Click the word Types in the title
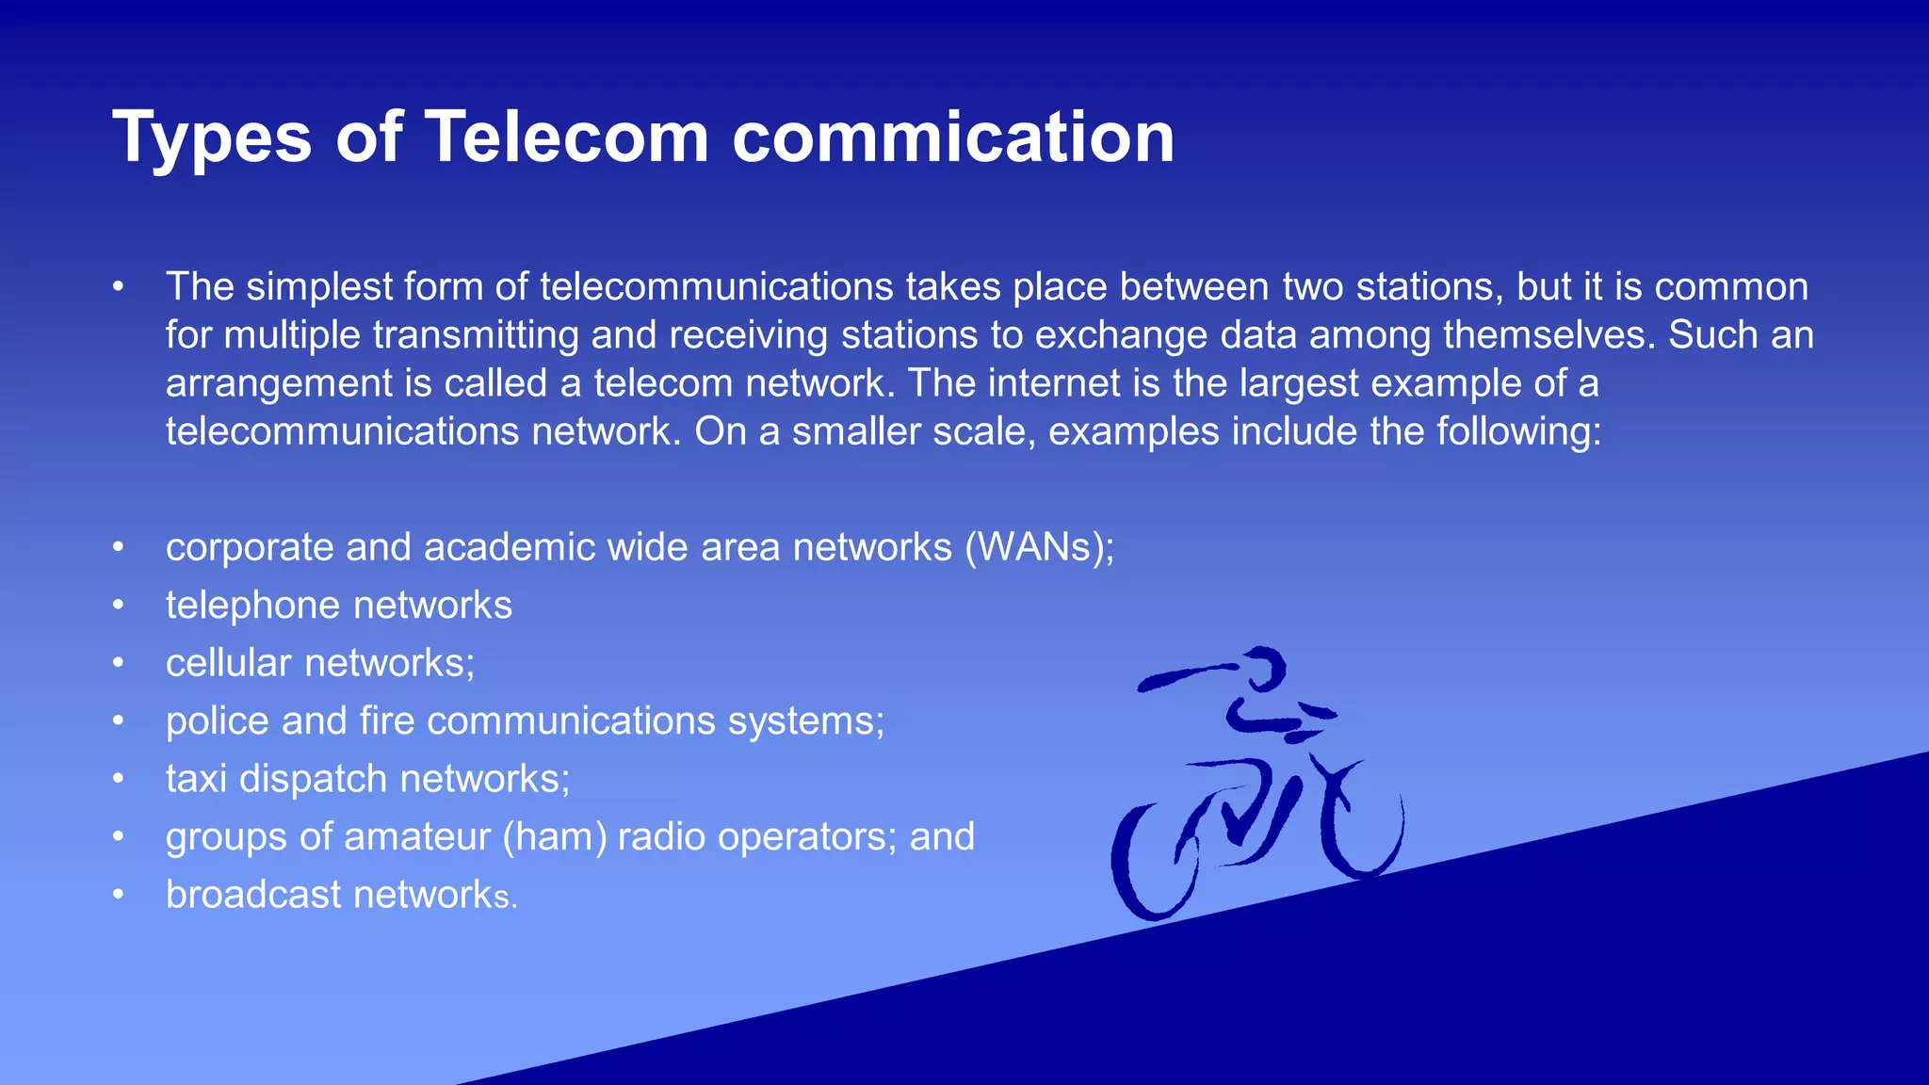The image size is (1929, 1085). pos(212,138)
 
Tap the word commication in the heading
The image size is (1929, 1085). pos(953,138)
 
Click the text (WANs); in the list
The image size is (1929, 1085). pos(1039,548)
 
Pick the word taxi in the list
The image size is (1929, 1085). pos(196,779)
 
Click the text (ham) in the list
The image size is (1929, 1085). pos(555,836)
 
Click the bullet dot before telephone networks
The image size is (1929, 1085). pos(118,606)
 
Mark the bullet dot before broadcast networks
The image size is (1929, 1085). pos(118,895)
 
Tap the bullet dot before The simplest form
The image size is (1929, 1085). pos(118,287)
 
